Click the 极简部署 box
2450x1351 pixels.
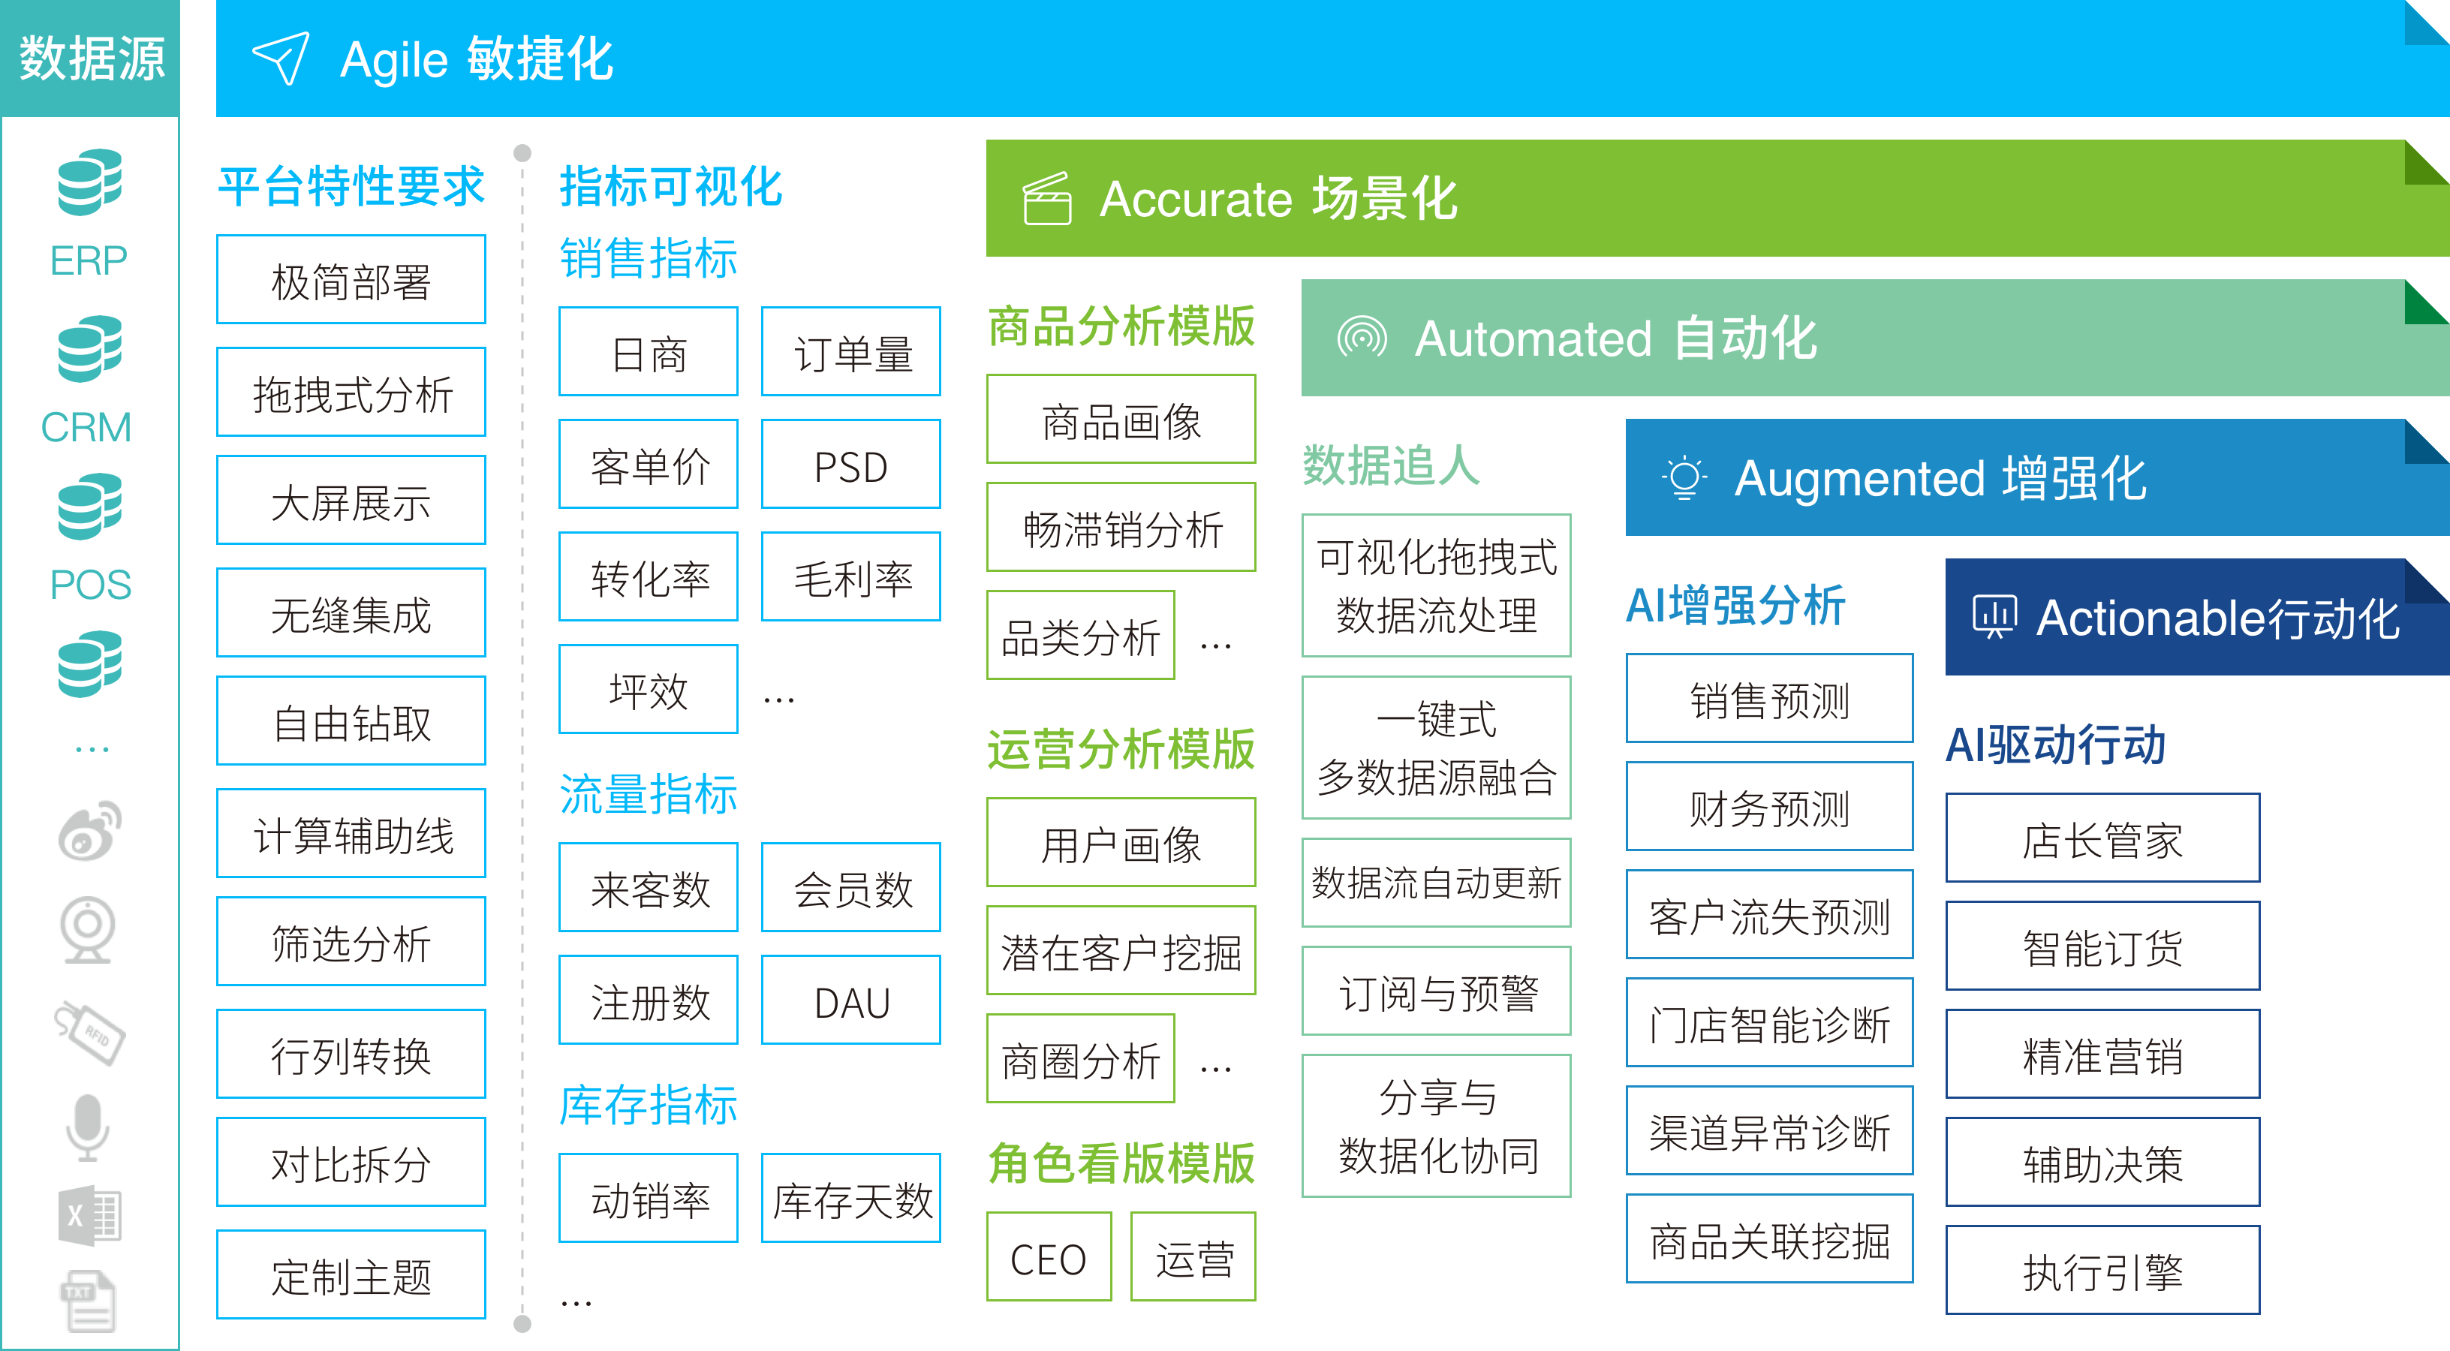pos(351,279)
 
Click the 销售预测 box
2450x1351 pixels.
pos(1769,699)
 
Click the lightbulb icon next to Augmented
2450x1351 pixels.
pos(1684,477)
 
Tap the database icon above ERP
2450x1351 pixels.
pos(89,182)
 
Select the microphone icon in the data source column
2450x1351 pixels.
pos(88,1127)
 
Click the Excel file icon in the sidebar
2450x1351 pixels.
pos(89,1215)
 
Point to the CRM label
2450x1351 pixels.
pos(86,427)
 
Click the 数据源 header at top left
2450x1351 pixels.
pos(92,58)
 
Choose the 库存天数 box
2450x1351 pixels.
pos(850,1198)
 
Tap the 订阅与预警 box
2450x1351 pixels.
pos(1436,991)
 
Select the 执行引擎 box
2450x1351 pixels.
pos(2102,1270)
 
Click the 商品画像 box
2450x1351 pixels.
pos(1121,420)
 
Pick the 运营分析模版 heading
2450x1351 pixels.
pos(1121,749)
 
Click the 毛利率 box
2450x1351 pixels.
pos(850,576)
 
